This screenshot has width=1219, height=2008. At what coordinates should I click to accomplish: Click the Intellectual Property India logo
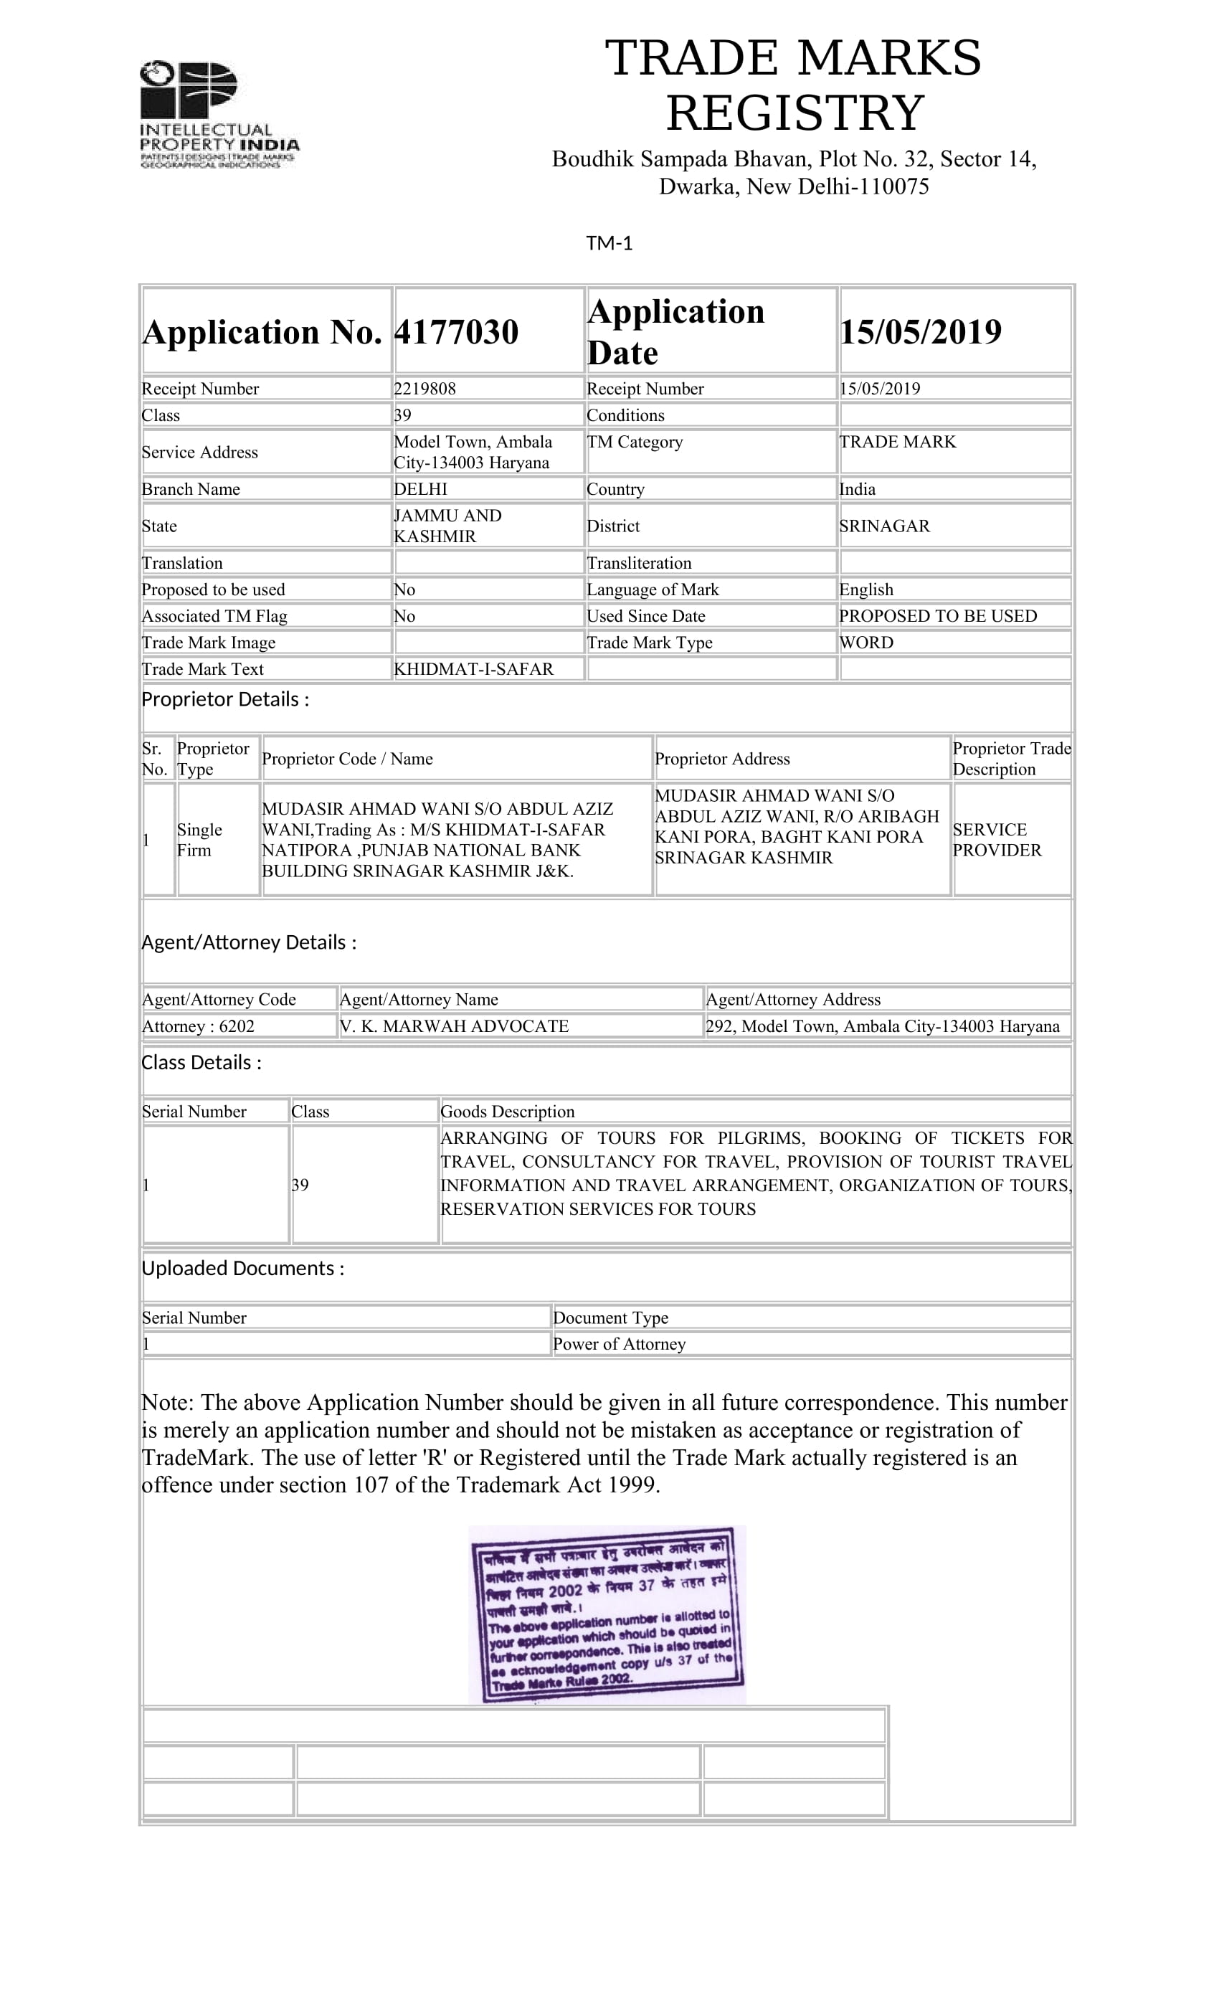click(219, 114)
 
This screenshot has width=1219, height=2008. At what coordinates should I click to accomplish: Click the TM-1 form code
click(609, 243)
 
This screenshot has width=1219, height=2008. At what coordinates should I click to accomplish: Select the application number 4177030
click(455, 331)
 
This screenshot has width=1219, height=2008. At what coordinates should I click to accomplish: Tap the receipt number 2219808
click(424, 389)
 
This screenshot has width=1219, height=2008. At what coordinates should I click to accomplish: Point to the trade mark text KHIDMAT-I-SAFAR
click(473, 669)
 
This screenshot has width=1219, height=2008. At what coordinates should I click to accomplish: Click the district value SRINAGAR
click(884, 526)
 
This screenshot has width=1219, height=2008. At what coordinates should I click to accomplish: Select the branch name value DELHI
click(420, 489)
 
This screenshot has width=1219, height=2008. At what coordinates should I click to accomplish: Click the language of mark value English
click(866, 589)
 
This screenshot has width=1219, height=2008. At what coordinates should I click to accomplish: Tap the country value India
click(857, 489)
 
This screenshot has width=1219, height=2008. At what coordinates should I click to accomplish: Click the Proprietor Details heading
click(225, 699)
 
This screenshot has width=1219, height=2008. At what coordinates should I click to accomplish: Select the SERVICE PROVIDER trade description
click(997, 839)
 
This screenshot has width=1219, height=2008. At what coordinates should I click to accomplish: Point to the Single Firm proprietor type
click(199, 839)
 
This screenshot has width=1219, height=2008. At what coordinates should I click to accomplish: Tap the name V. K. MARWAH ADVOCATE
click(454, 1026)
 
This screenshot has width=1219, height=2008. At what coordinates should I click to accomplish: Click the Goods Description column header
click(507, 1112)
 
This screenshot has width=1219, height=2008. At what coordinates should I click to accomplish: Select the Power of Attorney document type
click(620, 1344)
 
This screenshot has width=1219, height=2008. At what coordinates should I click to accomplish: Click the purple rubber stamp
click(608, 1614)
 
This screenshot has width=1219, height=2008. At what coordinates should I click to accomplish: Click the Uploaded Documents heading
click(243, 1268)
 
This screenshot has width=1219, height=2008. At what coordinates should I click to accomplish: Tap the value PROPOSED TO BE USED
click(938, 616)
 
